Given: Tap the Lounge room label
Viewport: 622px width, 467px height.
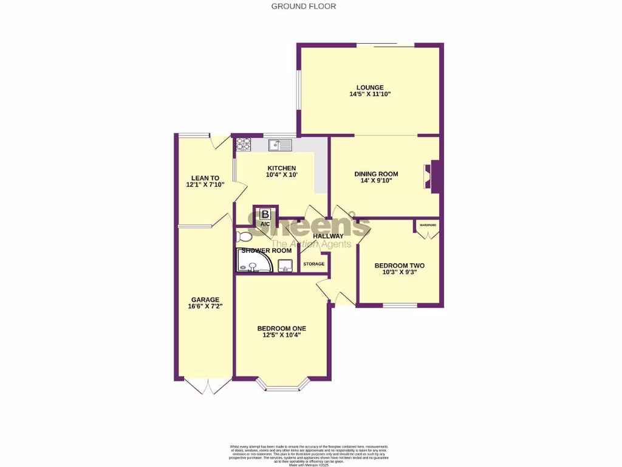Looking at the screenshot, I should point(370,87).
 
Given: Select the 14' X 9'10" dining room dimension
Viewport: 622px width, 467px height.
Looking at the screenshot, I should point(376,181).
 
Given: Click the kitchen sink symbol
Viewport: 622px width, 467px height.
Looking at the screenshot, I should point(281,145).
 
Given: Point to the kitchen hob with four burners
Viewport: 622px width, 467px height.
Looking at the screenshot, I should point(243,144).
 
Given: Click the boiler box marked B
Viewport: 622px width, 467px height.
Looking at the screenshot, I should point(265,214).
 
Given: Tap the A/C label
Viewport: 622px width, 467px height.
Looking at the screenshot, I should point(265,224).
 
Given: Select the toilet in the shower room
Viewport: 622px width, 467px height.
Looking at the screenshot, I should point(245,236).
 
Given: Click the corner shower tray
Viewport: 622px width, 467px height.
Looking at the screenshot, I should point(251,262).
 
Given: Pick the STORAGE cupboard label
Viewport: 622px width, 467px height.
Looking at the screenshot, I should point(314,264).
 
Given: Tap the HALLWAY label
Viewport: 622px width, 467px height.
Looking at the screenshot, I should point(328,236).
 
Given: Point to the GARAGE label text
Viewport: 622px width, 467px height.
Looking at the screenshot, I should point(205,299).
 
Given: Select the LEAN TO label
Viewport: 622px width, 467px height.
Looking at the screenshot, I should point(205,178).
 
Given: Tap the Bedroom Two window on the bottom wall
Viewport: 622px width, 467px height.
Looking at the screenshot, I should point(399,305).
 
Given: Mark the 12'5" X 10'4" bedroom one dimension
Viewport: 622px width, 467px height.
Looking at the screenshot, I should point(282,335).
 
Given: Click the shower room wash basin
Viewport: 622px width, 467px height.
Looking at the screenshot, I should point(285,265).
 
